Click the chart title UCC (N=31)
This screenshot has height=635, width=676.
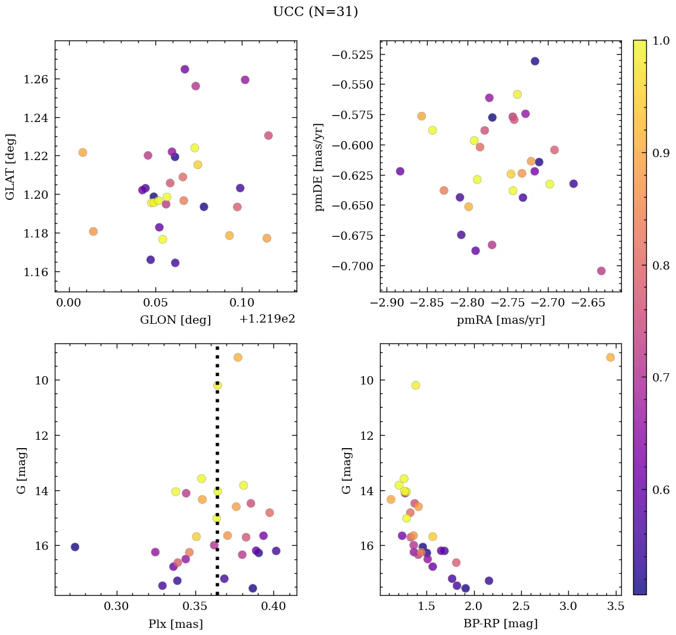[315, 12]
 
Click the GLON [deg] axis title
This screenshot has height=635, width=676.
[175, 320]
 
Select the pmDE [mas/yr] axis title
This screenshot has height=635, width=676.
[319, 167]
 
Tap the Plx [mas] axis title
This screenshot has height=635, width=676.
[175, 624]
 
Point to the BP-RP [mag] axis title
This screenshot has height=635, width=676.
[500, 624]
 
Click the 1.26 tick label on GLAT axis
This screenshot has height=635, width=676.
[36, 79]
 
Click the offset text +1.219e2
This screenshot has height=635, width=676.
[267, 319]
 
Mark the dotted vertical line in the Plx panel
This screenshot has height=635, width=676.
[217, 452]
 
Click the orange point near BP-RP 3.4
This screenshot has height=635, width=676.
[610, 357]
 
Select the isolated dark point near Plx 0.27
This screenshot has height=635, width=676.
[74, 547]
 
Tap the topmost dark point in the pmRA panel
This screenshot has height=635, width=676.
[535, 61]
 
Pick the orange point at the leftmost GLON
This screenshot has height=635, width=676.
[82, 152]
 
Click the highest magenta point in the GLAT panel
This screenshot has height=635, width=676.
[185, 69]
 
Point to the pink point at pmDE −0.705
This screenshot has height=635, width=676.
[601, 271]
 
